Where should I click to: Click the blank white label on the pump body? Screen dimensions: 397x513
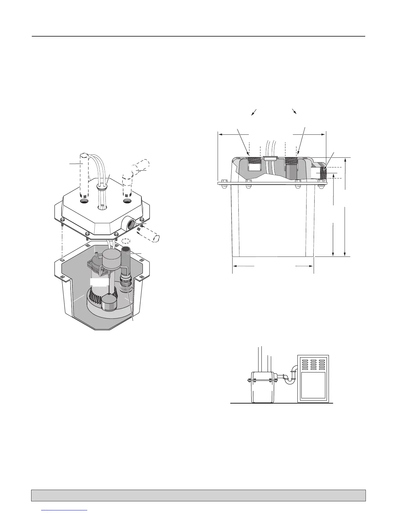(x=99, y=282)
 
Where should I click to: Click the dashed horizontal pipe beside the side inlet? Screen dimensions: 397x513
(x=149, y=234)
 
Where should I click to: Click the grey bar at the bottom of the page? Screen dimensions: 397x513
(x=198, y=495)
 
